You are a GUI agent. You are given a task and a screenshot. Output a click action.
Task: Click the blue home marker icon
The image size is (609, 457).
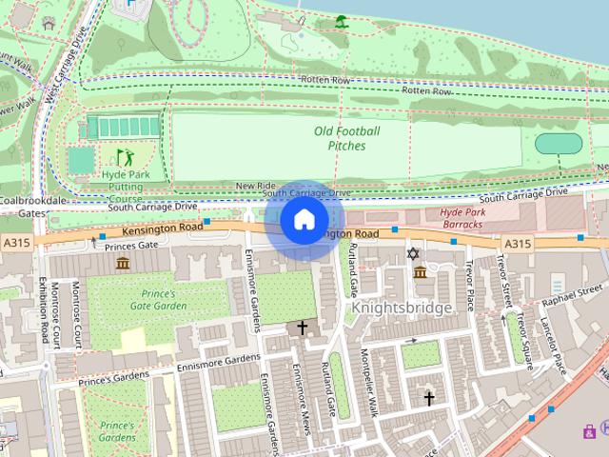click(304, 221)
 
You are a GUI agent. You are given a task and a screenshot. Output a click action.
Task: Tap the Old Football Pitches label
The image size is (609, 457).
click(346, 138)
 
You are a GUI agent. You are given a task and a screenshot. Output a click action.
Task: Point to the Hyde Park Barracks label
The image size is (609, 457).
click(464, 218)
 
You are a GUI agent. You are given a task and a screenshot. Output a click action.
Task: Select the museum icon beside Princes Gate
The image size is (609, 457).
click(123, 262)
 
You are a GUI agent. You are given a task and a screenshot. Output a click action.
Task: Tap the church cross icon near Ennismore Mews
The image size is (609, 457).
click(303, 328)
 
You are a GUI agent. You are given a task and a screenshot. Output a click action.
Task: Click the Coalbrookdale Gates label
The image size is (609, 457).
click(34, 207)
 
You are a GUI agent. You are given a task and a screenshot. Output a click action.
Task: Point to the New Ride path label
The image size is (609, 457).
click(255, 186)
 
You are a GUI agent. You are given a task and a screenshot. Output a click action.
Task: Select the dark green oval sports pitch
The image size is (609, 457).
click(559, 144)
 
